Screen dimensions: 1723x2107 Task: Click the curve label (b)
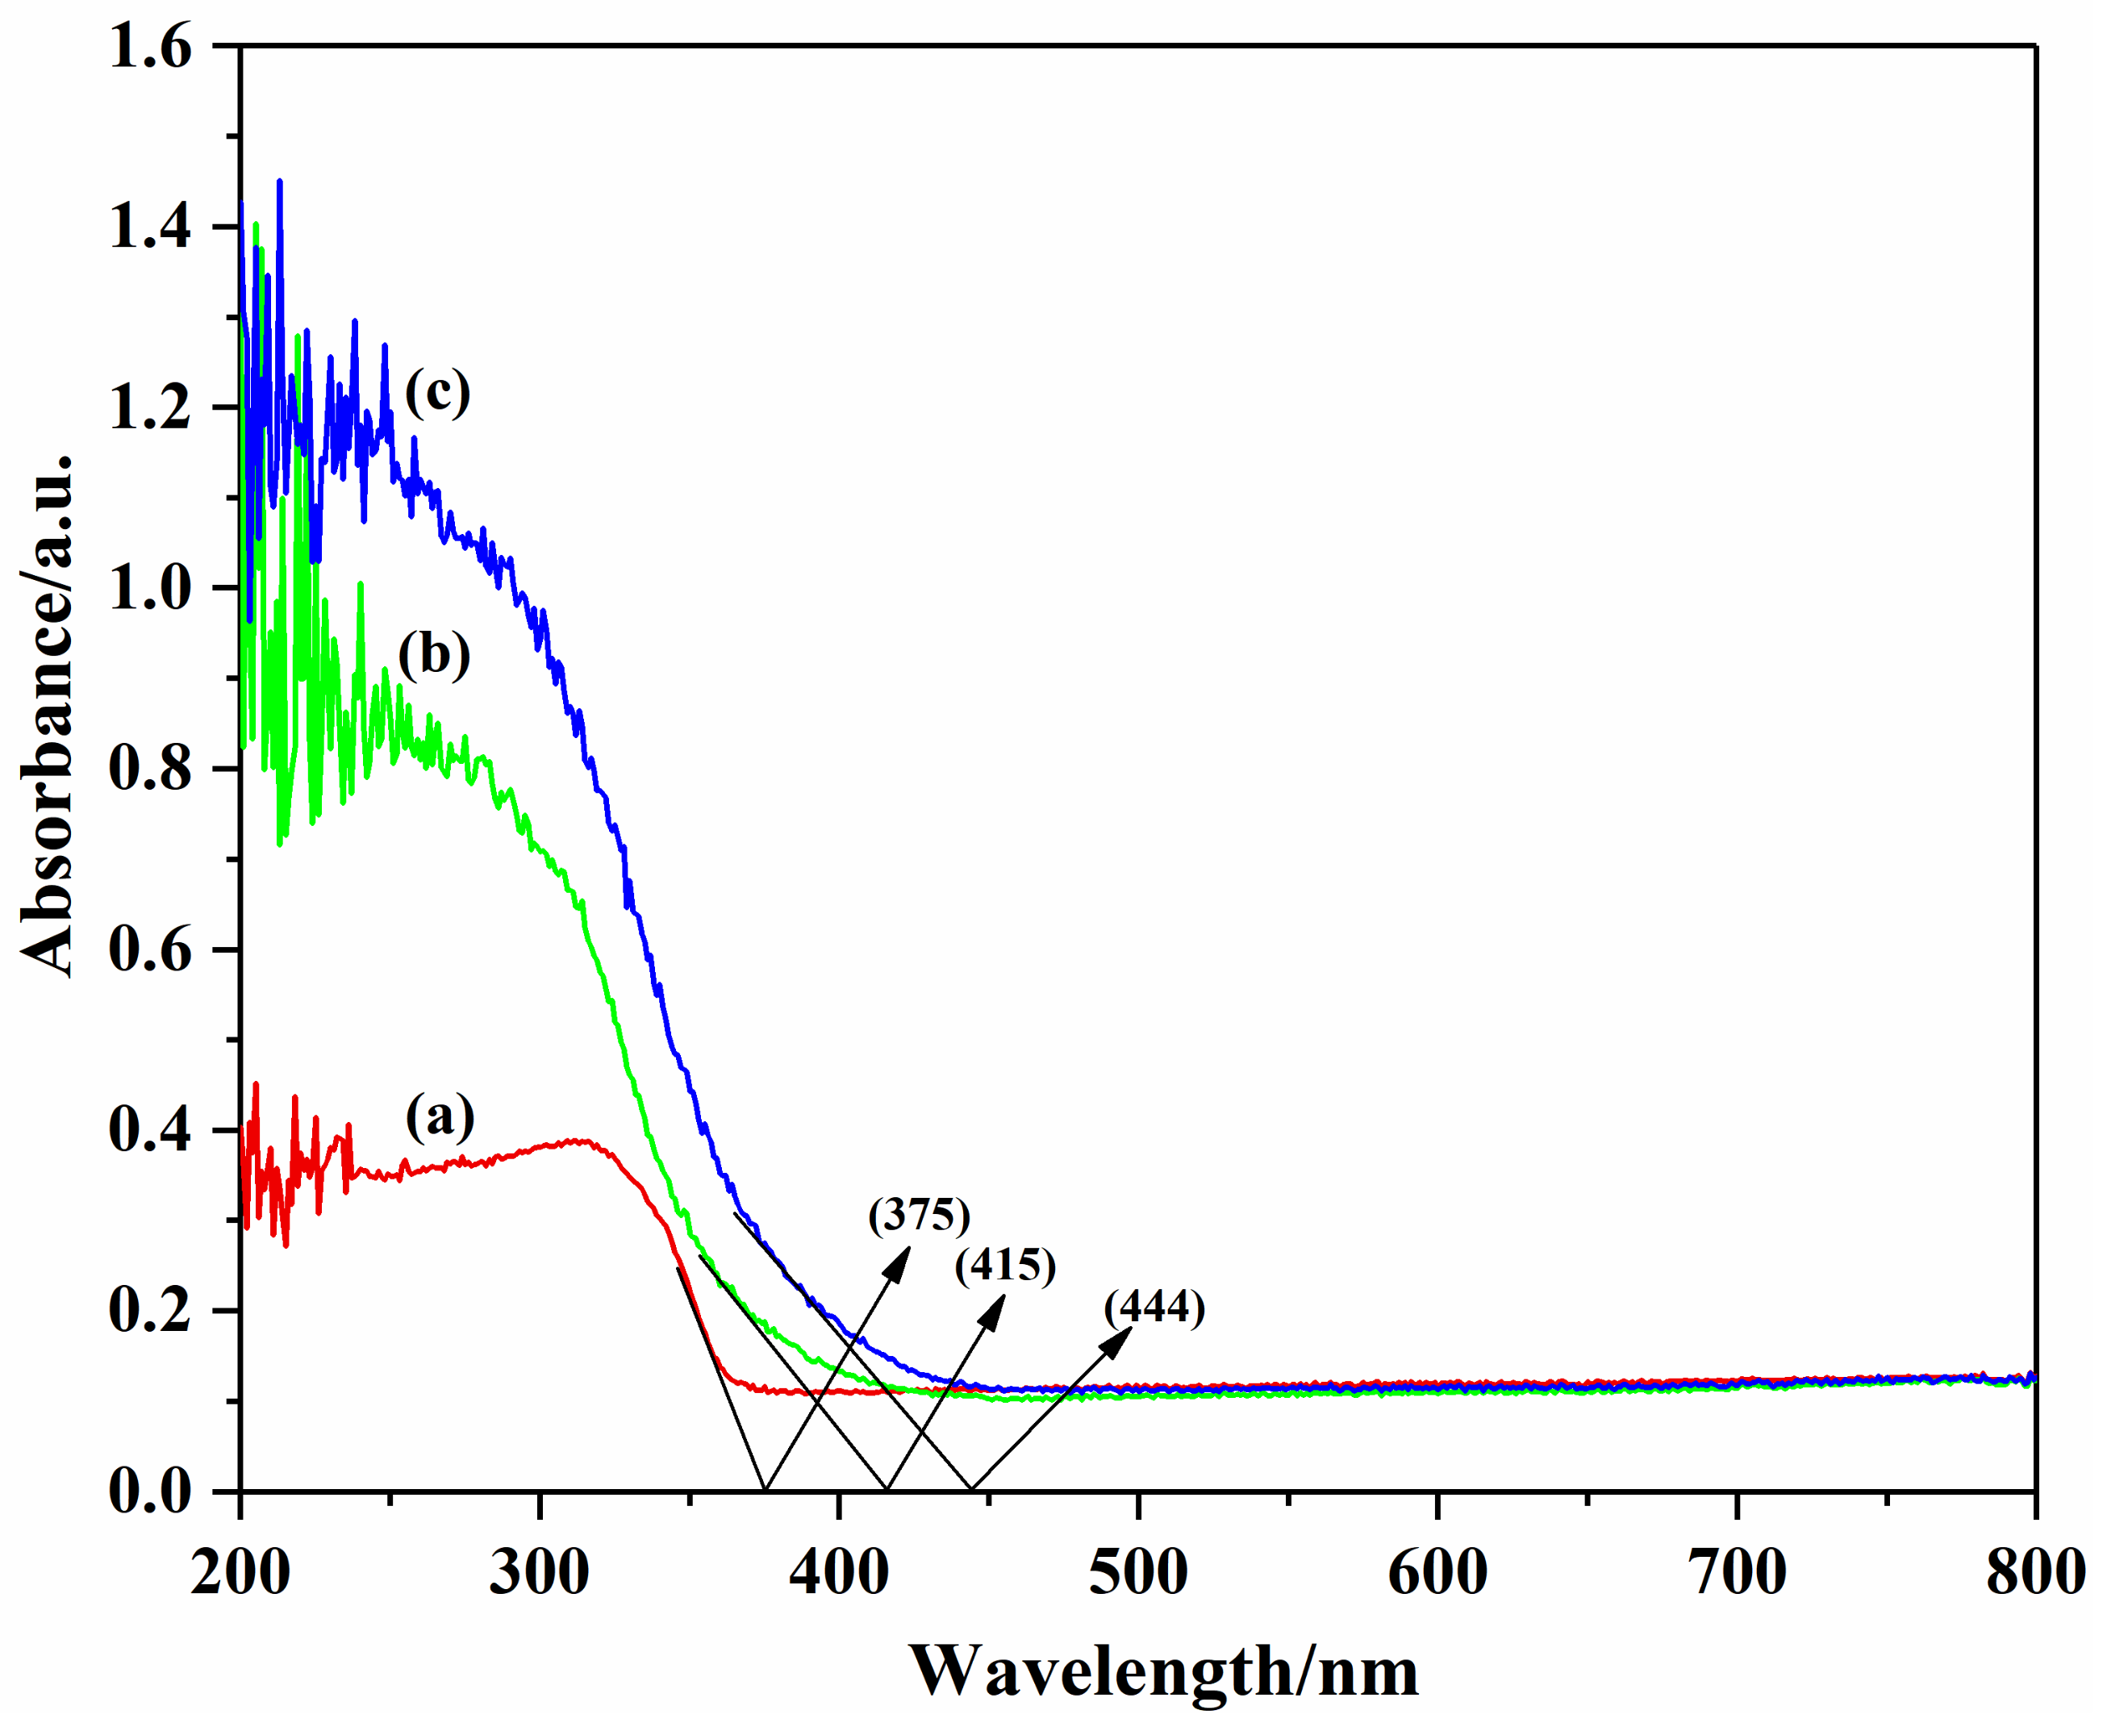434,655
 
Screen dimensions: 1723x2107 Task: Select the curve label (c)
436,392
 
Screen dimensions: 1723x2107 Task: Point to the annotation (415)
1005,1265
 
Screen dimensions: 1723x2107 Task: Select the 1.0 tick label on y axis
150,589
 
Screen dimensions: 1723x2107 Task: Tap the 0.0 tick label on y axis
150,1491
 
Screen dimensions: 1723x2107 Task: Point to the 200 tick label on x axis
240,1573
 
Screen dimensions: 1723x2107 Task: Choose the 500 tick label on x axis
1138,1573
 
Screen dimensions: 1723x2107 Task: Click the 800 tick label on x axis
2034,1573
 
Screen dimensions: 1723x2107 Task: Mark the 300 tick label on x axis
539,1573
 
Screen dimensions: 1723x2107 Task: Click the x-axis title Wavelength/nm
1163,1672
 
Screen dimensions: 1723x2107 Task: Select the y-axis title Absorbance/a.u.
47,715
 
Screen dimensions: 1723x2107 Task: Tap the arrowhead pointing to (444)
1120,1339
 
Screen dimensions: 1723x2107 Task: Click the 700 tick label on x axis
1738,1573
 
